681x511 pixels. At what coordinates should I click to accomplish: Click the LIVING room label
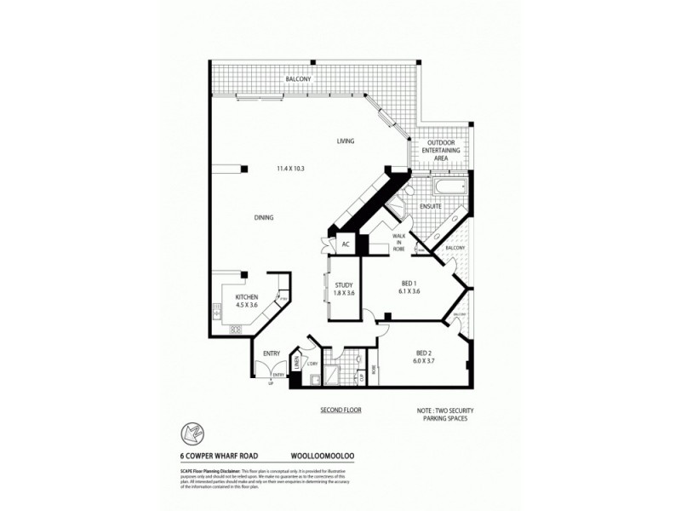[345, 141]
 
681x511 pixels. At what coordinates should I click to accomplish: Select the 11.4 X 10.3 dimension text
[290, 169]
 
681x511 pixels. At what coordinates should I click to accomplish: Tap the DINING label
[264, 218]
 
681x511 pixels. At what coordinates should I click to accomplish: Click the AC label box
[346, 244]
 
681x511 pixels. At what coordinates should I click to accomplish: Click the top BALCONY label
[298, 79]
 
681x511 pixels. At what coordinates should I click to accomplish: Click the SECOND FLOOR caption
[340, 411]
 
